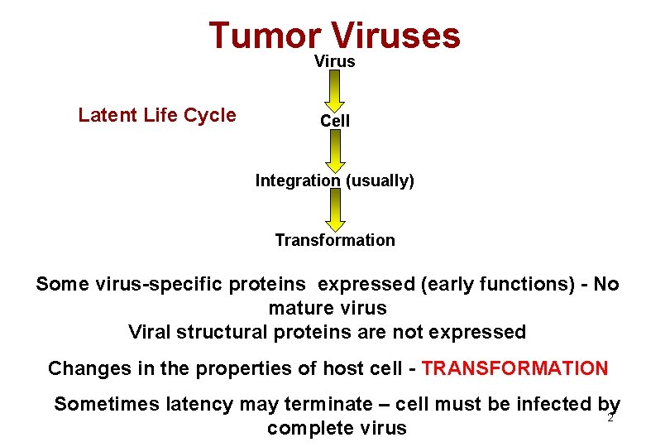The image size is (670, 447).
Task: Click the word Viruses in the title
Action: click(395, 36)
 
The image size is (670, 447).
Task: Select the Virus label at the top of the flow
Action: click(335, 61)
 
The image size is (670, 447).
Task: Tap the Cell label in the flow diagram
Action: click(335, 121)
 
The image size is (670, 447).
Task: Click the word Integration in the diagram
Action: click(297, 180)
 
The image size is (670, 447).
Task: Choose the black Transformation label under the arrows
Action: click(335, 240)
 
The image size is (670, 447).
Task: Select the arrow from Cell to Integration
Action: click(335, 150)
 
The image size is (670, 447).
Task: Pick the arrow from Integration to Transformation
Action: click(335, 209)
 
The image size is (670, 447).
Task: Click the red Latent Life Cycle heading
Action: click(157, 115)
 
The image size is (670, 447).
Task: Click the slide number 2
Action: click(610, 418)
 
